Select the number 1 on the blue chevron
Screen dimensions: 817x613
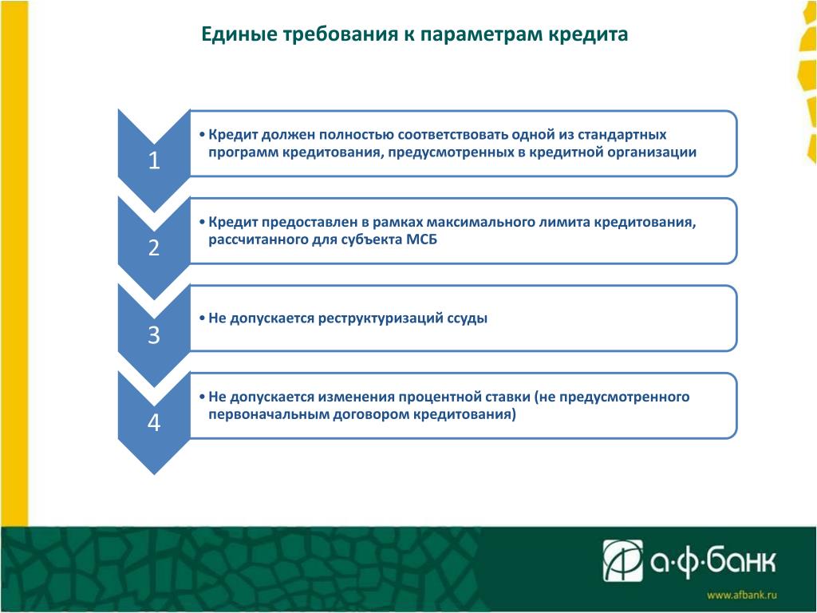[154, 160]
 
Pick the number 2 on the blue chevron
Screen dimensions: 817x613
[154, 248]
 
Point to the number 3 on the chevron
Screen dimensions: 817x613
[154, 335]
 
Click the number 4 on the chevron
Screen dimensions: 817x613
[154, 423]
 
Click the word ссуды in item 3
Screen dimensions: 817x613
[468, 318]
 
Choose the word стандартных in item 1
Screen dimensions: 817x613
[622, 135]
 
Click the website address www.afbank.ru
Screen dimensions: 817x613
[742, 595]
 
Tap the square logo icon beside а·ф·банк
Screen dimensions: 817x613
[622, 561]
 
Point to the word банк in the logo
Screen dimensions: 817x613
[742, 560]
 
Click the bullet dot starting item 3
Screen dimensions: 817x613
[202, 318]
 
